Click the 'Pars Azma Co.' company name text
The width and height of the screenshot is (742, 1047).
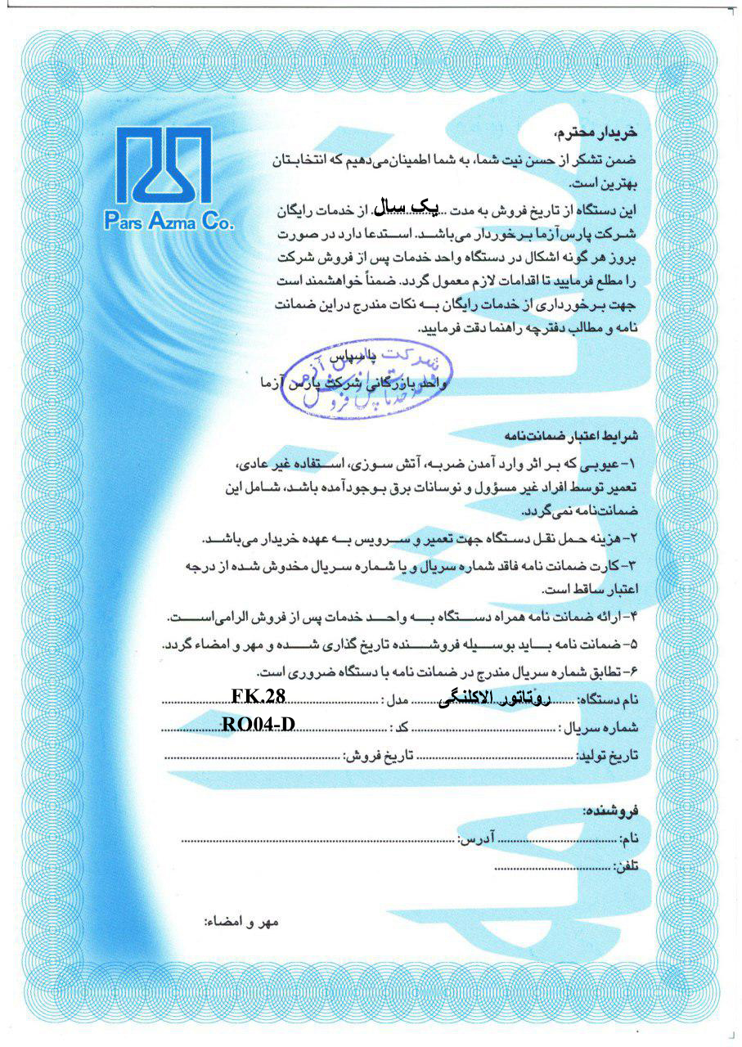click(168, 220)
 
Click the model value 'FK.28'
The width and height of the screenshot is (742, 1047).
click(258, 695)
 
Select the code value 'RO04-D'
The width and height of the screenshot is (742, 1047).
click(258, 723)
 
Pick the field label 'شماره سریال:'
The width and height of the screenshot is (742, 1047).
click(598, 728)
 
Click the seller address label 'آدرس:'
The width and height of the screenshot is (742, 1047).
click(474, 839)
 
